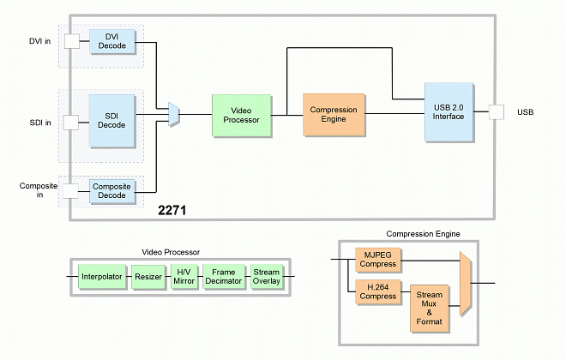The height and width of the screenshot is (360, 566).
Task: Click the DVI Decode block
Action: [x=111, y=41]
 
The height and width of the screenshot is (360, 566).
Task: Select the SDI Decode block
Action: [x=111, y=120]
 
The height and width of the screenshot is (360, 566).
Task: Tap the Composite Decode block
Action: [x=111, y=189]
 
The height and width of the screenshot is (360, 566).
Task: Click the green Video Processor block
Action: [x=241, y=115]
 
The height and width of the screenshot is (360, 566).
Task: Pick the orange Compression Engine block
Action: [x=334, y=115]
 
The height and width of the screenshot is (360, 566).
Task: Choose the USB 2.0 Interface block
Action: [x=449, y=112]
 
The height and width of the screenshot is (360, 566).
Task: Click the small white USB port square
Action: [x=496, y=112]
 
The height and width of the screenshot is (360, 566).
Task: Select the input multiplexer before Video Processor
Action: [x=174, y=112]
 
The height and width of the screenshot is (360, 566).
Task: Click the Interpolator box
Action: [x=102, y=277]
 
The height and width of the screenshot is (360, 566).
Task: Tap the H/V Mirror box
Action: [x=184, y=277]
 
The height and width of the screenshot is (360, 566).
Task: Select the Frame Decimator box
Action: [x=224, y=277]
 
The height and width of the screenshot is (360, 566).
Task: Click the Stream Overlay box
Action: [x=266, y=277]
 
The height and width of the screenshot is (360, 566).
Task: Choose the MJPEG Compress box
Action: [x=378, y=258]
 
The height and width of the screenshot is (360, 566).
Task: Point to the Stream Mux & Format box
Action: [x=430, y=309]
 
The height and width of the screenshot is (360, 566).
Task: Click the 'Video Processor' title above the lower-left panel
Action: [x=170, y=252]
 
